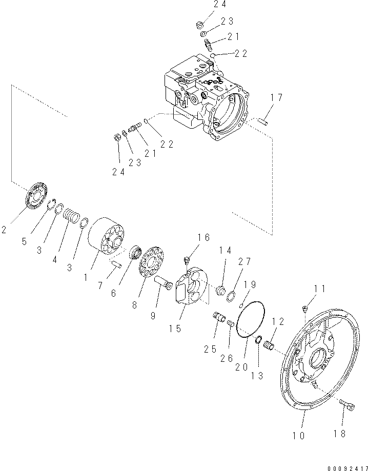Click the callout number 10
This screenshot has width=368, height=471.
(299, 436)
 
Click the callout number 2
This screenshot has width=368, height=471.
(6, 230)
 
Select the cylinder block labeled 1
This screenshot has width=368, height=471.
(107, 241)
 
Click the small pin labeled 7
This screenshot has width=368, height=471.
(116, 265)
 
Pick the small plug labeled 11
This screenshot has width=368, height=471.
(305, 308)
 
